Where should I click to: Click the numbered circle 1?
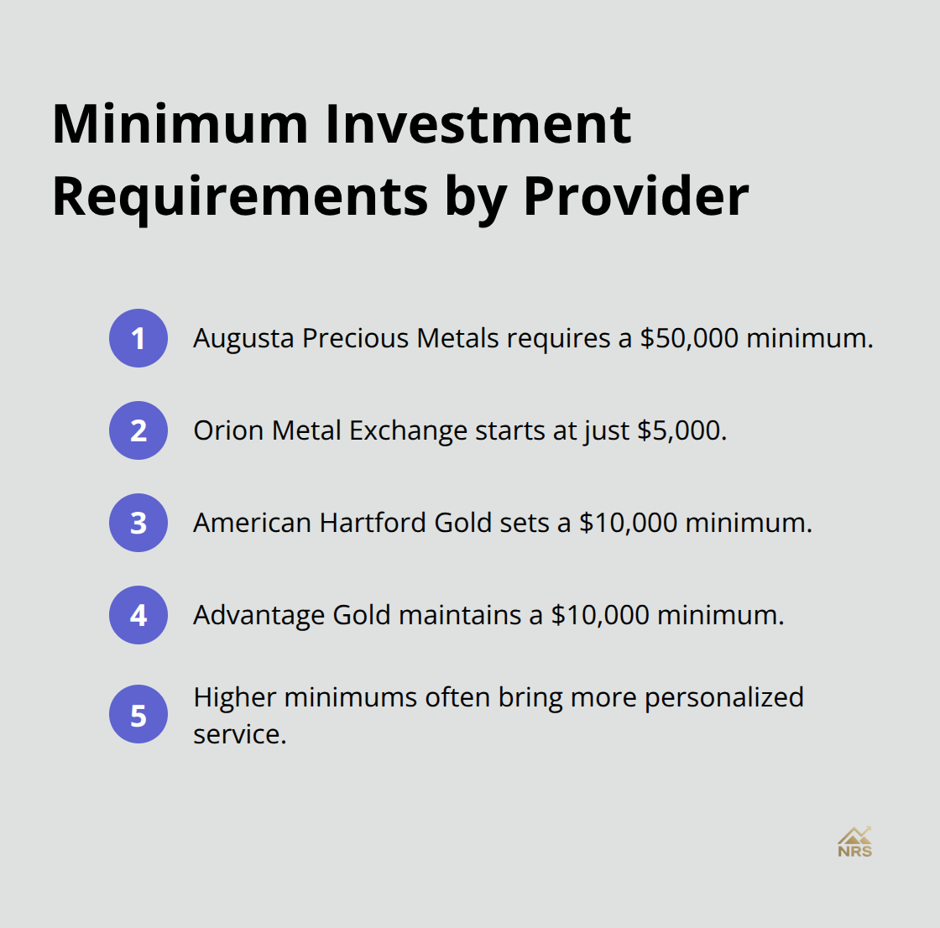click(138, 338)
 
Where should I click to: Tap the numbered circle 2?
click(138, 430)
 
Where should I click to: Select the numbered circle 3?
click(138, 523)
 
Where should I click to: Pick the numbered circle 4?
click(138, 615)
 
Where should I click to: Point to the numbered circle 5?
click(138, 716)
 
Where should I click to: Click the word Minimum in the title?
click(180, 124)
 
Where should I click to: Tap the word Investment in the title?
click(478, 124)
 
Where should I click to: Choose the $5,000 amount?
click(681, 430)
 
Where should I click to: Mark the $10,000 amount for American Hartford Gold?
click(628, 523)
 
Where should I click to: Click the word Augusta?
click(243, 338)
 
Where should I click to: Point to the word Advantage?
click(258, 615)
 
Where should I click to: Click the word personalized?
click(724, 697)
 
